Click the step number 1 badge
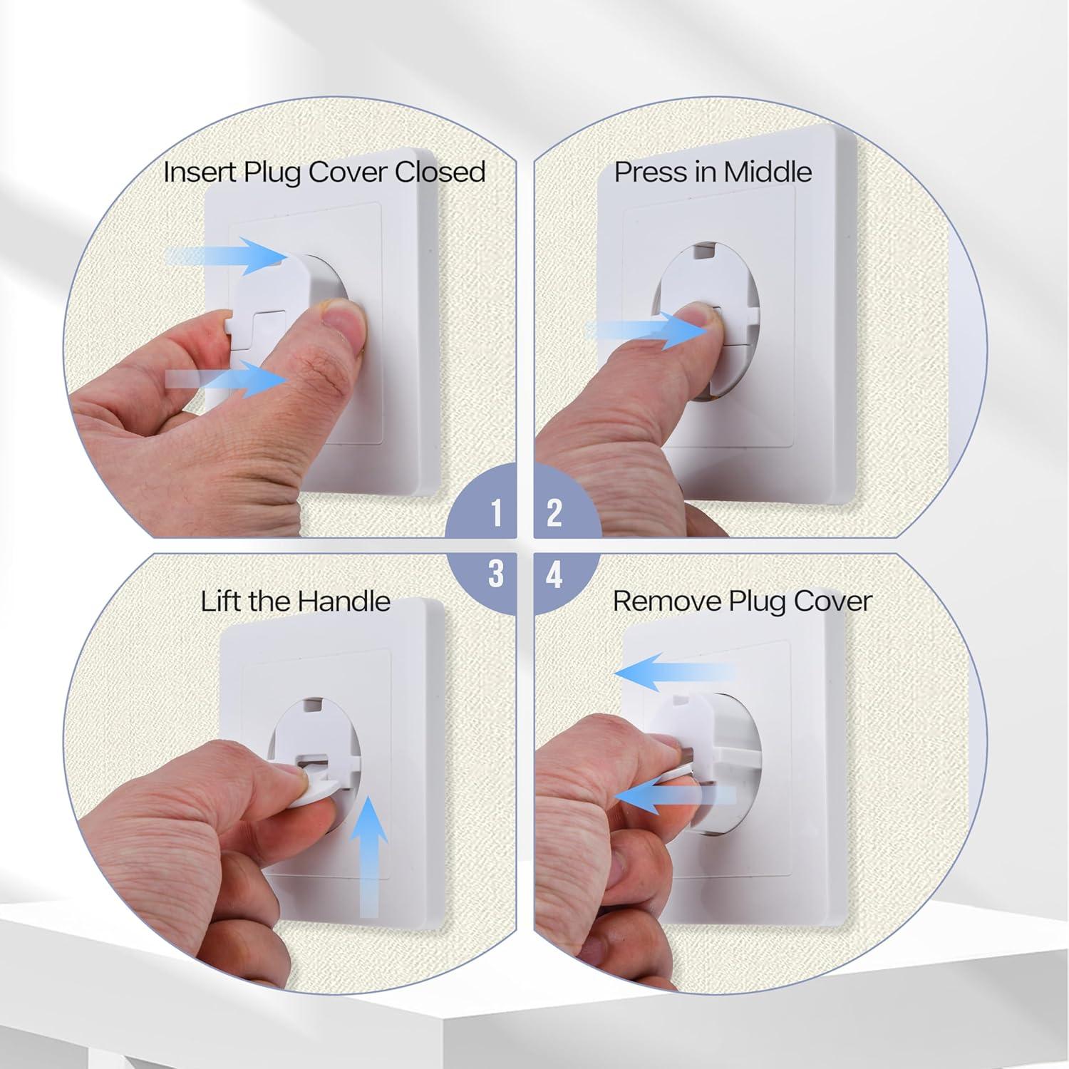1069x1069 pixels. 496,513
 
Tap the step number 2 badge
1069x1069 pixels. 554,513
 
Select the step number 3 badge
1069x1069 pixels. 496,574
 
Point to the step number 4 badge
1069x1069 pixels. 554,574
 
